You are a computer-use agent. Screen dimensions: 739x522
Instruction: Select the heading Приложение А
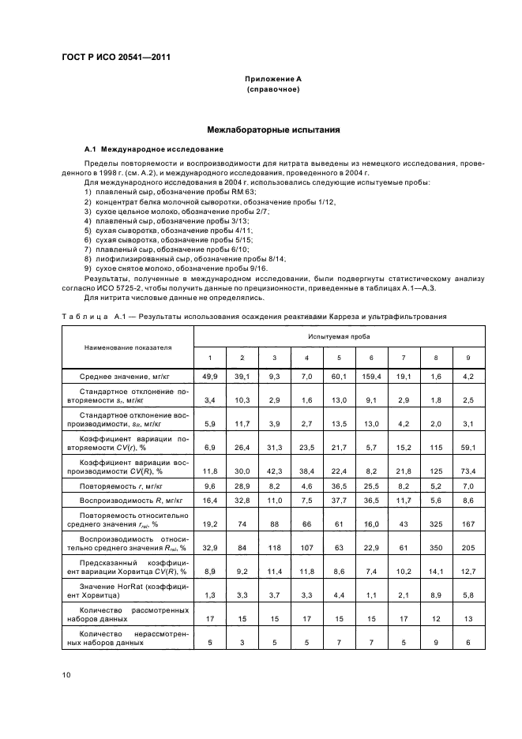[272, 80]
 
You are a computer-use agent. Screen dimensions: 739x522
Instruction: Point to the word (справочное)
[272, 90]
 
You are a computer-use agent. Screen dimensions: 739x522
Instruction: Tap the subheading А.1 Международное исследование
[142, 149]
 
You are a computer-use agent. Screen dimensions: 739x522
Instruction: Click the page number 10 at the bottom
[66, 673]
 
